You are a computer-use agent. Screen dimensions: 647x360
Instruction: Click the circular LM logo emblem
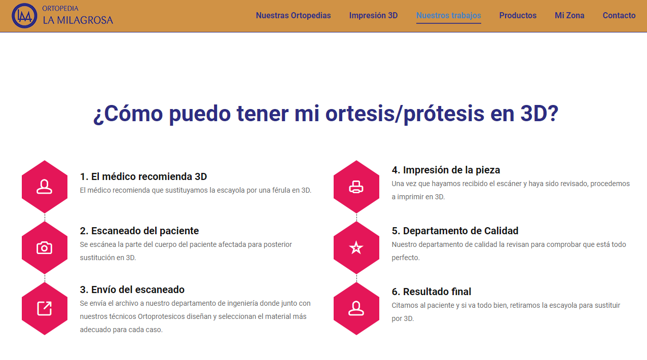pyautogui.click(x=24, y=16)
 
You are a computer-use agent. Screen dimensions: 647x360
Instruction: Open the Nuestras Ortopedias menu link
pyautogui.click(x=293, y=15)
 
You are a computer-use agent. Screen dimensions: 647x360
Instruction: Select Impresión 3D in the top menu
pyautogui.click(x=373, y=15)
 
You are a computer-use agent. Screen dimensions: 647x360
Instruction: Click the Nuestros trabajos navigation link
pyautogui.click(x=448, y=15)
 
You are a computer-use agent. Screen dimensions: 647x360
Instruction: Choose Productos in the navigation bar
pyautogui.click(x=518, y=15)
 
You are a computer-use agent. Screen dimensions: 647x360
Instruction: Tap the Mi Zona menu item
pyautogui.click(x=569, y=15)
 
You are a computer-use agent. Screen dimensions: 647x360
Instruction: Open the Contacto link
pyautogui.click(x=619, y=15)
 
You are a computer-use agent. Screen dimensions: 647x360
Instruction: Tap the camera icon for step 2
pyautogui.click(x=45, y=248)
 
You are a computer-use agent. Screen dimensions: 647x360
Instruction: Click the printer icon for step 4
pyautogui.click(x=356, y=187)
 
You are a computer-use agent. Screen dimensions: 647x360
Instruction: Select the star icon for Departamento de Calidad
pyautogui.click(x=356, y=247)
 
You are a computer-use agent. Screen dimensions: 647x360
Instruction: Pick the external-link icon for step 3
pyautogui.click(x=45, y=308)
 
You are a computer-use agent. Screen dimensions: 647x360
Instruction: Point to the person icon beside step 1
pyautogui.click(x=45, y=187)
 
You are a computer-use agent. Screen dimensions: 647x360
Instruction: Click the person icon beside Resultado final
pyautogui.click(x=356, y=308)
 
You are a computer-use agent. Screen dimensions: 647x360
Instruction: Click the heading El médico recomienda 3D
pyautogui.click(x=143, y=176)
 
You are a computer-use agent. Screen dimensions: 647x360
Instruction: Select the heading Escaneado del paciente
pyautogui.click(x=139, y=231)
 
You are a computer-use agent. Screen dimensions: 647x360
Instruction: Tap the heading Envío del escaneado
pyautogui.click(x=132, y=290)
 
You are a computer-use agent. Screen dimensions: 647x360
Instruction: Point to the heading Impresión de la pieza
pyautogui.click(x=446, y=170)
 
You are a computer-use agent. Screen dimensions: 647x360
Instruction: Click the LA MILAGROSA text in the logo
pyautogui.click(x=78, y=20)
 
